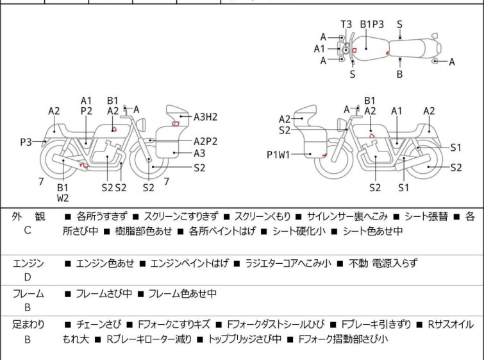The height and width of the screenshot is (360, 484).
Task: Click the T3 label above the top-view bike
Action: [346, 24]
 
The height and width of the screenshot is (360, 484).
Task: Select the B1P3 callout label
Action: [372, 24]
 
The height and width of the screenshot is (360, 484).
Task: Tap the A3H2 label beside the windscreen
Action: [205, 117]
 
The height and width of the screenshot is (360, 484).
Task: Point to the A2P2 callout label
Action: [205, 141]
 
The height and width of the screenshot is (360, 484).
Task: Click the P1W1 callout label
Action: [278, 155]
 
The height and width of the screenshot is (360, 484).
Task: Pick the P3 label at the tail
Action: [26, 142]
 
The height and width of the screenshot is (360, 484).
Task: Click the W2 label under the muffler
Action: [63, 198]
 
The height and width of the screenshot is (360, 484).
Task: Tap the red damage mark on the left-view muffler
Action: [83, 166]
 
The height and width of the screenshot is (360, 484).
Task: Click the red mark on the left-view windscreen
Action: [175, 124]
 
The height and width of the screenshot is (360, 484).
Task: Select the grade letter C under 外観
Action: [28, 230]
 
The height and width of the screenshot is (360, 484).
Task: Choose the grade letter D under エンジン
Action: [28, 277]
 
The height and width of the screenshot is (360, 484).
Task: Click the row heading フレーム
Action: [28, 293]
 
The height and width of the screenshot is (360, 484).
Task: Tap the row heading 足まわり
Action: [28, 325]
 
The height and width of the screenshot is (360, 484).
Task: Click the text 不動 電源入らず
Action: [383, 263]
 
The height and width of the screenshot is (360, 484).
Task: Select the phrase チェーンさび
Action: [99, 325]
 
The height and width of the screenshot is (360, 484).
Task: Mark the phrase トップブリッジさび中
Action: [245, 339]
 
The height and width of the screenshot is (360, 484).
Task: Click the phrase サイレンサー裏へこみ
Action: [347, 216]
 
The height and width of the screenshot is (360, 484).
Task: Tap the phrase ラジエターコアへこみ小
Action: [288, 263]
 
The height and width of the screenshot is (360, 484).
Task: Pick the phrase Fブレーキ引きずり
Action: [376, 325]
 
